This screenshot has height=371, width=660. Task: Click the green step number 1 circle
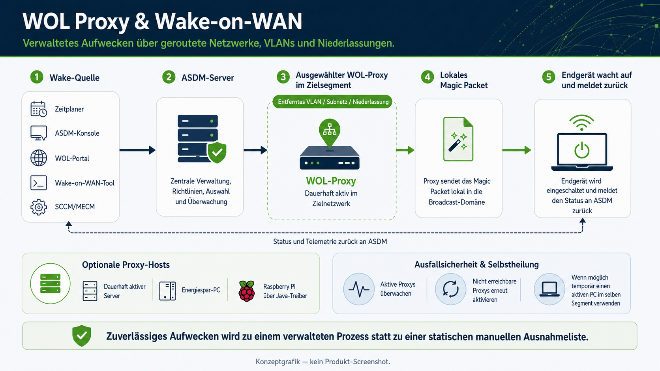pyautogui.click(x=37, y=77)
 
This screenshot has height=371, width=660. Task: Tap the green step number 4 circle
pyautogui.click(x=427, y=77)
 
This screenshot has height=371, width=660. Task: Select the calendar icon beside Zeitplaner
pyautogui.click(x=39, y=109)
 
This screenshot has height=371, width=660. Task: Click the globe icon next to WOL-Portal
pyautogui.click(x=39, y=158)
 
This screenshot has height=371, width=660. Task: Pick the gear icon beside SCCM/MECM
pyautogui.click(x=39, y=207)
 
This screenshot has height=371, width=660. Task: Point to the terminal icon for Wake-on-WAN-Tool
pyautogui.click(x=39, y=183)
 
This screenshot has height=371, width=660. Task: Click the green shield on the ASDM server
pyautogui.click(x=217, y=153)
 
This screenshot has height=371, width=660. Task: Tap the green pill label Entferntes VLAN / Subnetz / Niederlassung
pyautogui.click(x=332, y=102)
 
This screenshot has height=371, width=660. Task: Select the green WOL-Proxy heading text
pyautogui.click(x=331, y=181)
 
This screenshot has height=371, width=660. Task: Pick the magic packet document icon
pyautogui.click(x=458, y=139)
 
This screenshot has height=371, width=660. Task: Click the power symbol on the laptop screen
pyautogui.click(x=581, y=150)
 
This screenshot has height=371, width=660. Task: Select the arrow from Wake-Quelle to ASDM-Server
pyautogui.click(x=138, y=150)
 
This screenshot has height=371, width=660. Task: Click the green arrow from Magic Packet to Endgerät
pyautogui.click(x=517, y=150)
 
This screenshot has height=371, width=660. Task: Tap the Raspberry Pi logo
pyautogui.click(x=247, y=291)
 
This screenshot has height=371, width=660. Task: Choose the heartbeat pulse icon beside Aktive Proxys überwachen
pyautogui.click(x=358, y=289)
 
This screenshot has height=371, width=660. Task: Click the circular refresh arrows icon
pyautogui.click(x=450, y=289)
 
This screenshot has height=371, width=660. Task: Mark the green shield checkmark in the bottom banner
pyautogui.click(x=82, y=336)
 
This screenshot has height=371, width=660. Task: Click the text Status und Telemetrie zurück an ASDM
pyautogui.click(x=330, y=242)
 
